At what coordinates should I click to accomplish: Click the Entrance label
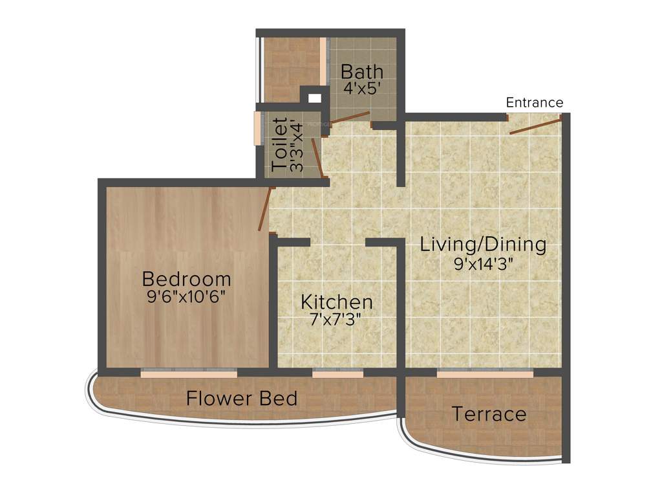click(x=534, y=102)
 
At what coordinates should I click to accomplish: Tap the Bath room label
click(x=362, y=71)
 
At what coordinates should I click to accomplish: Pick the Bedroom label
click(x=187, y=279)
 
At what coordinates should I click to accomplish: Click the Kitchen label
click(x=337, y=302)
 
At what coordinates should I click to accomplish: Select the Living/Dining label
click(x=483, y=245)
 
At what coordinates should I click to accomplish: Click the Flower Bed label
click(x=242, y=398)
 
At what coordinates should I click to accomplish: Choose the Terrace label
click(x=489, y=414)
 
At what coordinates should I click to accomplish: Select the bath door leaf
click(x=349, y=117)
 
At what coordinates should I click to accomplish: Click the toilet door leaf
click(x=317, y=157)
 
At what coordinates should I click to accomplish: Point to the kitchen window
click(x=337, y=373)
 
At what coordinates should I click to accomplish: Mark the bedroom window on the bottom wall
click(x=189, y=373)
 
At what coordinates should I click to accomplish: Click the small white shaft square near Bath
click(x=314, y=98)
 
